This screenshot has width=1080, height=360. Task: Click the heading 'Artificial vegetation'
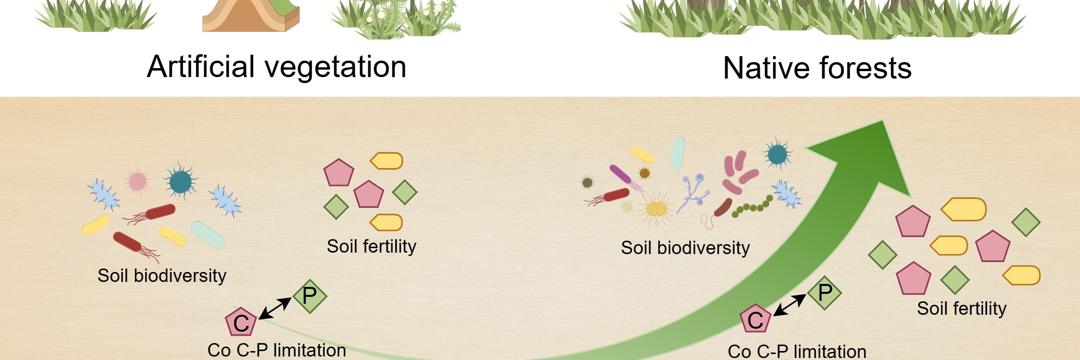click(x=276, y=67)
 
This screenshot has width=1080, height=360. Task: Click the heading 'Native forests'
click(x=817, y=68)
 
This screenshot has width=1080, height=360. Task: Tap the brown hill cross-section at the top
click(x=251, y=15)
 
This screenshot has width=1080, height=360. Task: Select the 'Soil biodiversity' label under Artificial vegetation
click(x=162, y=275)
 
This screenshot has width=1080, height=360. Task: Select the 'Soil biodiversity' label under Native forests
click(x=685, y=248)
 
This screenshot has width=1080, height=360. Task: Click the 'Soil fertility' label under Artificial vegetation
click(x=371, y=246)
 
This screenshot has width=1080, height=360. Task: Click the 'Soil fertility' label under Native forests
click(x=962, y=308)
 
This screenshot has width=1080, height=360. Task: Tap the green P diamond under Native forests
click(x=824, y=293)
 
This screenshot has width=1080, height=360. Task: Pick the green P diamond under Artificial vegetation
click(x=310, y=296)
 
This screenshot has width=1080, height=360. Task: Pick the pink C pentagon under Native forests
click(x=756, y=319)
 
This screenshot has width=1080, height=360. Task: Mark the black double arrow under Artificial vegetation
click(x=275, y=308)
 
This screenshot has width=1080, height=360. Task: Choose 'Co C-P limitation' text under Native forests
click(x=797, y=352)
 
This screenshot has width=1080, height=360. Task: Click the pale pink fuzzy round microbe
click(x=137, y=181)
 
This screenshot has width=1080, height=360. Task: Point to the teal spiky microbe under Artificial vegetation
click(x=180, y=181)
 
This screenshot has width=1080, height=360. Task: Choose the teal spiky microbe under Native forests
click(x=777, y=155)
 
